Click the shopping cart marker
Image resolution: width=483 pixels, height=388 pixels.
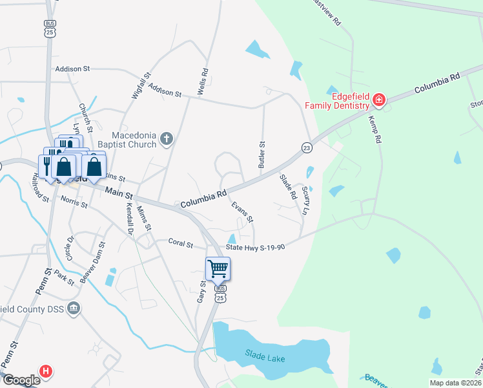[218, 268]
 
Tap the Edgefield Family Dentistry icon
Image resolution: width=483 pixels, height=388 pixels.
[378, 100]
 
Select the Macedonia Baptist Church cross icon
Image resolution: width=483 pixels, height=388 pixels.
[167, 138]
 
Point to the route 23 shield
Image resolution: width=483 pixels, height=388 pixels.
[307, 148]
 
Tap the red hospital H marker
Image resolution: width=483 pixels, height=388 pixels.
[45, 371]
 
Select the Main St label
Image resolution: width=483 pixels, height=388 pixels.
[119, 192]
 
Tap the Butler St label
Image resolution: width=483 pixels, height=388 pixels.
[262, 155]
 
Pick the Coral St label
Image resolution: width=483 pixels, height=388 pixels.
[180, 244]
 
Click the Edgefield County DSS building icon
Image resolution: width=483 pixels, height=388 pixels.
[74, 308]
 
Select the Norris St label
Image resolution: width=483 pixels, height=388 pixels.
[74, 203]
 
